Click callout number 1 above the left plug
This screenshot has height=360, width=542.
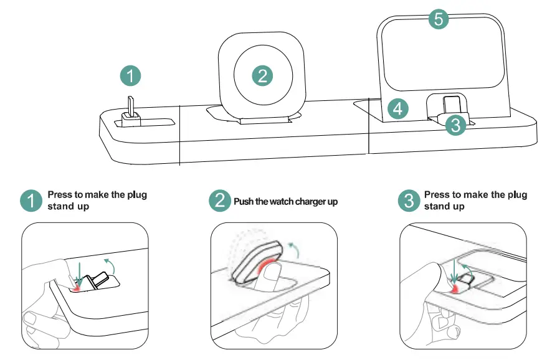tap(131, 76)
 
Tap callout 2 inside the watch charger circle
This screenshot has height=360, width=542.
tap(262, 76)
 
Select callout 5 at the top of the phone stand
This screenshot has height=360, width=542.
tap(439, 19)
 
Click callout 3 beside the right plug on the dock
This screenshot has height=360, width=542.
tap(455, 125)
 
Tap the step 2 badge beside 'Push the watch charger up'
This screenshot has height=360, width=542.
tap(219, 201)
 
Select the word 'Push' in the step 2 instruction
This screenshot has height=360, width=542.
tap(244, 202)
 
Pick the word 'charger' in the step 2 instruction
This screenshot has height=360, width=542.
tap(310, 202)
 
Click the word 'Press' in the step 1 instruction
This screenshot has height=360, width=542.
tap(61, 195)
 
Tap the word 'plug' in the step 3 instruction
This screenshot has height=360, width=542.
tap(516, 195)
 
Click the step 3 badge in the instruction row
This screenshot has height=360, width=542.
tap(409, 201)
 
